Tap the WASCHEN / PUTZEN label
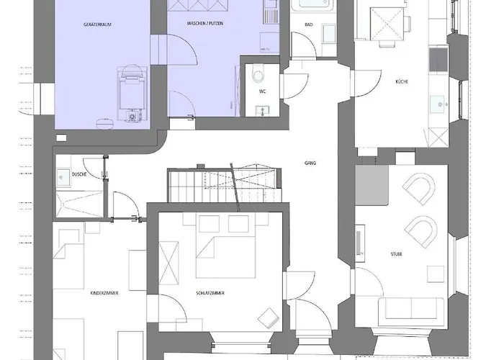[x=204, y=25]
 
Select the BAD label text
[x=308, y=25]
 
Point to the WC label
[x=263, y=92]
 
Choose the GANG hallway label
[x=310, y=163]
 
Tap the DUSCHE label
[x=80, y=175]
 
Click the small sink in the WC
[x=261, y=109]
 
